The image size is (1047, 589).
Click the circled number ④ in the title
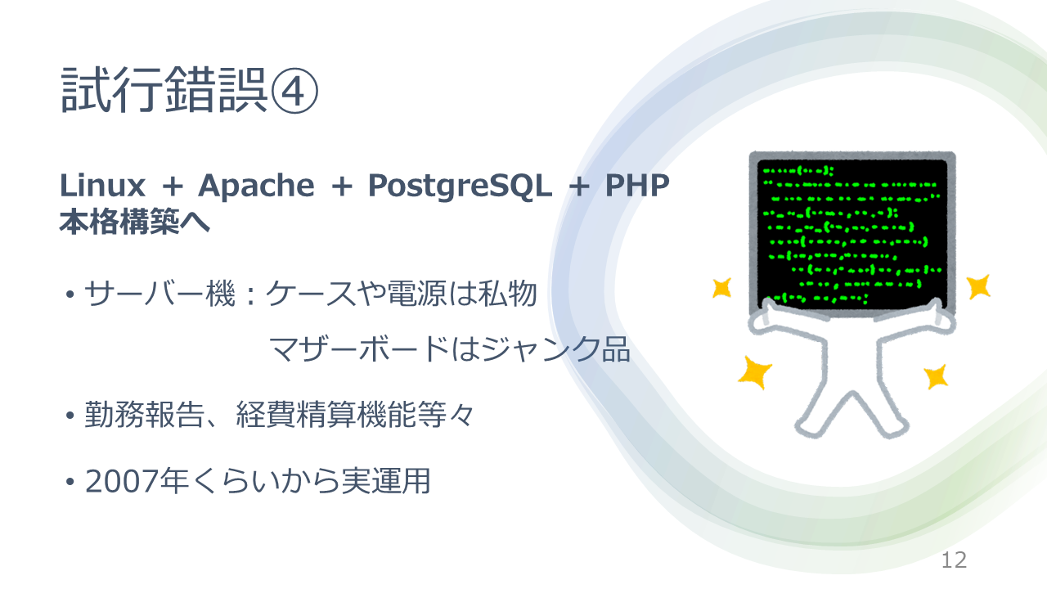(x=294, y=91)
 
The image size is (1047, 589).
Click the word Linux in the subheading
(x=103, y=186)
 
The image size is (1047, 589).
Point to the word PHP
(x=637, y=186)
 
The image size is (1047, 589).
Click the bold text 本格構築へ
(x=135, y=222)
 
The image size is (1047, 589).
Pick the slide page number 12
(x=954, y=560)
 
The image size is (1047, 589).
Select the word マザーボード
(x=359, y=349)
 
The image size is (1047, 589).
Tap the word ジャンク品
(x=555, y=349)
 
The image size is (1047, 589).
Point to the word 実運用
(x=385, y=481)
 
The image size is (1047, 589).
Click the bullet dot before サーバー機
(x=70, y=295)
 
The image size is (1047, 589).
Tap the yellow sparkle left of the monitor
(x=721, y=288)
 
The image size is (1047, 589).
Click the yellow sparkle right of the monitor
(x=978, y=286)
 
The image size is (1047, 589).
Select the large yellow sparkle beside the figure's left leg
(x=754, y=372)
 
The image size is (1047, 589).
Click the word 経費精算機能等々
(x=355, y=414)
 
